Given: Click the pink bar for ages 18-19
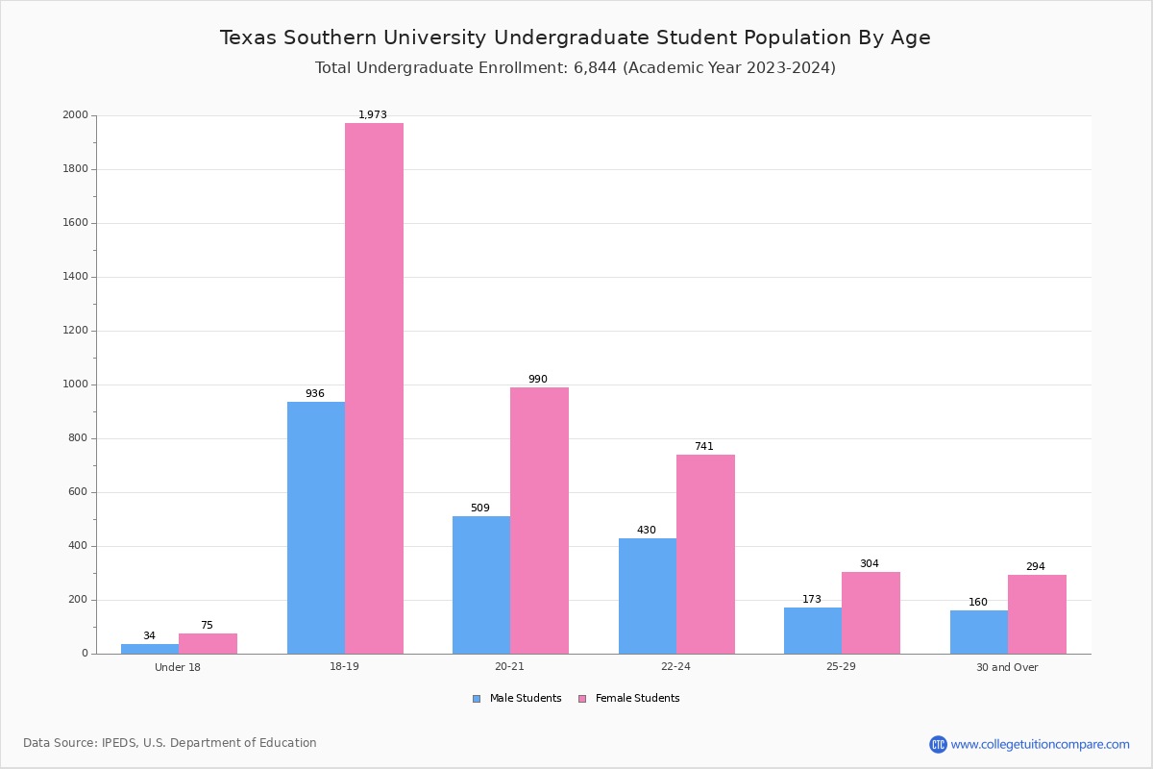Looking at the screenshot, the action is pos(374,388).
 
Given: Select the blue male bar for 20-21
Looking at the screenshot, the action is pos(481,585).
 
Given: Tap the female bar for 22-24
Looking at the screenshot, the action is pos(705,555).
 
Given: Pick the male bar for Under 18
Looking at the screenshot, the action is pos(150,649).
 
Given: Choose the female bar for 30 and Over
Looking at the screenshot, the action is pos(1037,614).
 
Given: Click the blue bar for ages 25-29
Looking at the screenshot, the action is pos(813,631).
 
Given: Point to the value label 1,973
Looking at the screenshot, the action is pos(373,114).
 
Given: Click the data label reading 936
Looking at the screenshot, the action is pos(315,393).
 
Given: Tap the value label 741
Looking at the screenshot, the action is pos(704,446).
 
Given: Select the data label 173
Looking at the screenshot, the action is pos(812,599).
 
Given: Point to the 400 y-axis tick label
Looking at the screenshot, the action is pos(78,545).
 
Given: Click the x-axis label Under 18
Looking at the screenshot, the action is pos(178,667).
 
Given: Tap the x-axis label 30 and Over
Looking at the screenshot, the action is pos(1007,667).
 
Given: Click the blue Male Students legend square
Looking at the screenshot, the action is pos(477,699).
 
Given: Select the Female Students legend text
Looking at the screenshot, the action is pos(638,698).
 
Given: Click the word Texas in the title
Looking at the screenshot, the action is pos(249,37).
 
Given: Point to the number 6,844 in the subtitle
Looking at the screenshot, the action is pos(595,67).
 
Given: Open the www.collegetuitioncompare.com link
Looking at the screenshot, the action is pos(1041,744).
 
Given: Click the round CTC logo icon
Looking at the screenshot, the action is pos(938,744).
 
